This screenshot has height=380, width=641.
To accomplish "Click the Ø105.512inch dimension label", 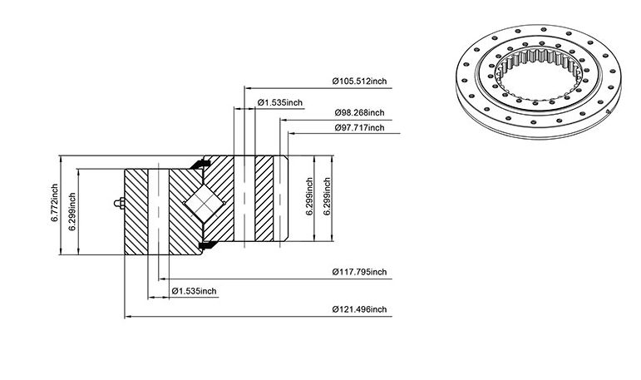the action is [359, 81].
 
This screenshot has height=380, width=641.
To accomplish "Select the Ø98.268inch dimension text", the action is [359, 112].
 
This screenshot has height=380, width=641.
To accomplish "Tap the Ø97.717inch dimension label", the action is [360, 127].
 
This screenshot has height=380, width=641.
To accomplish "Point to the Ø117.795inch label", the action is [359, 272].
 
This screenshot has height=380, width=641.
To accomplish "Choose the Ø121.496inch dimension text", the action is [359, 309].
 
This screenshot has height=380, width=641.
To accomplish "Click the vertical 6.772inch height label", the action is [54, 203].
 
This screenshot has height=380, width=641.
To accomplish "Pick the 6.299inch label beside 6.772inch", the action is [72, 211].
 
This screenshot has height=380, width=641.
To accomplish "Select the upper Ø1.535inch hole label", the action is [280, 102].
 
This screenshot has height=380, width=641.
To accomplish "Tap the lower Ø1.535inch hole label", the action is [195, 291].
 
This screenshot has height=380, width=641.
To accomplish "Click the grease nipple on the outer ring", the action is [120, 203].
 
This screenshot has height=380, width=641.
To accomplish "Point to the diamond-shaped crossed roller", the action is [204, 203].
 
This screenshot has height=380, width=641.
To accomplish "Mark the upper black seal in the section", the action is [200, 164].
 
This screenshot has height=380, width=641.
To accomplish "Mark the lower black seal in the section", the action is [206, 244].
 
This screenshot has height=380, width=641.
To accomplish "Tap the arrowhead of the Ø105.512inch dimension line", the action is [248, 87].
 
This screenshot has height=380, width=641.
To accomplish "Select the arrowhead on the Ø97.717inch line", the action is [292, 133].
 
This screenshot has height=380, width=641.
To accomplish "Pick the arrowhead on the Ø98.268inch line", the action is [284, 121].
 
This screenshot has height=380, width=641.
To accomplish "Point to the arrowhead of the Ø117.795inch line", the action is [162, 279].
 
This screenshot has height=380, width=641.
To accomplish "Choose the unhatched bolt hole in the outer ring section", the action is [158, 211].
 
